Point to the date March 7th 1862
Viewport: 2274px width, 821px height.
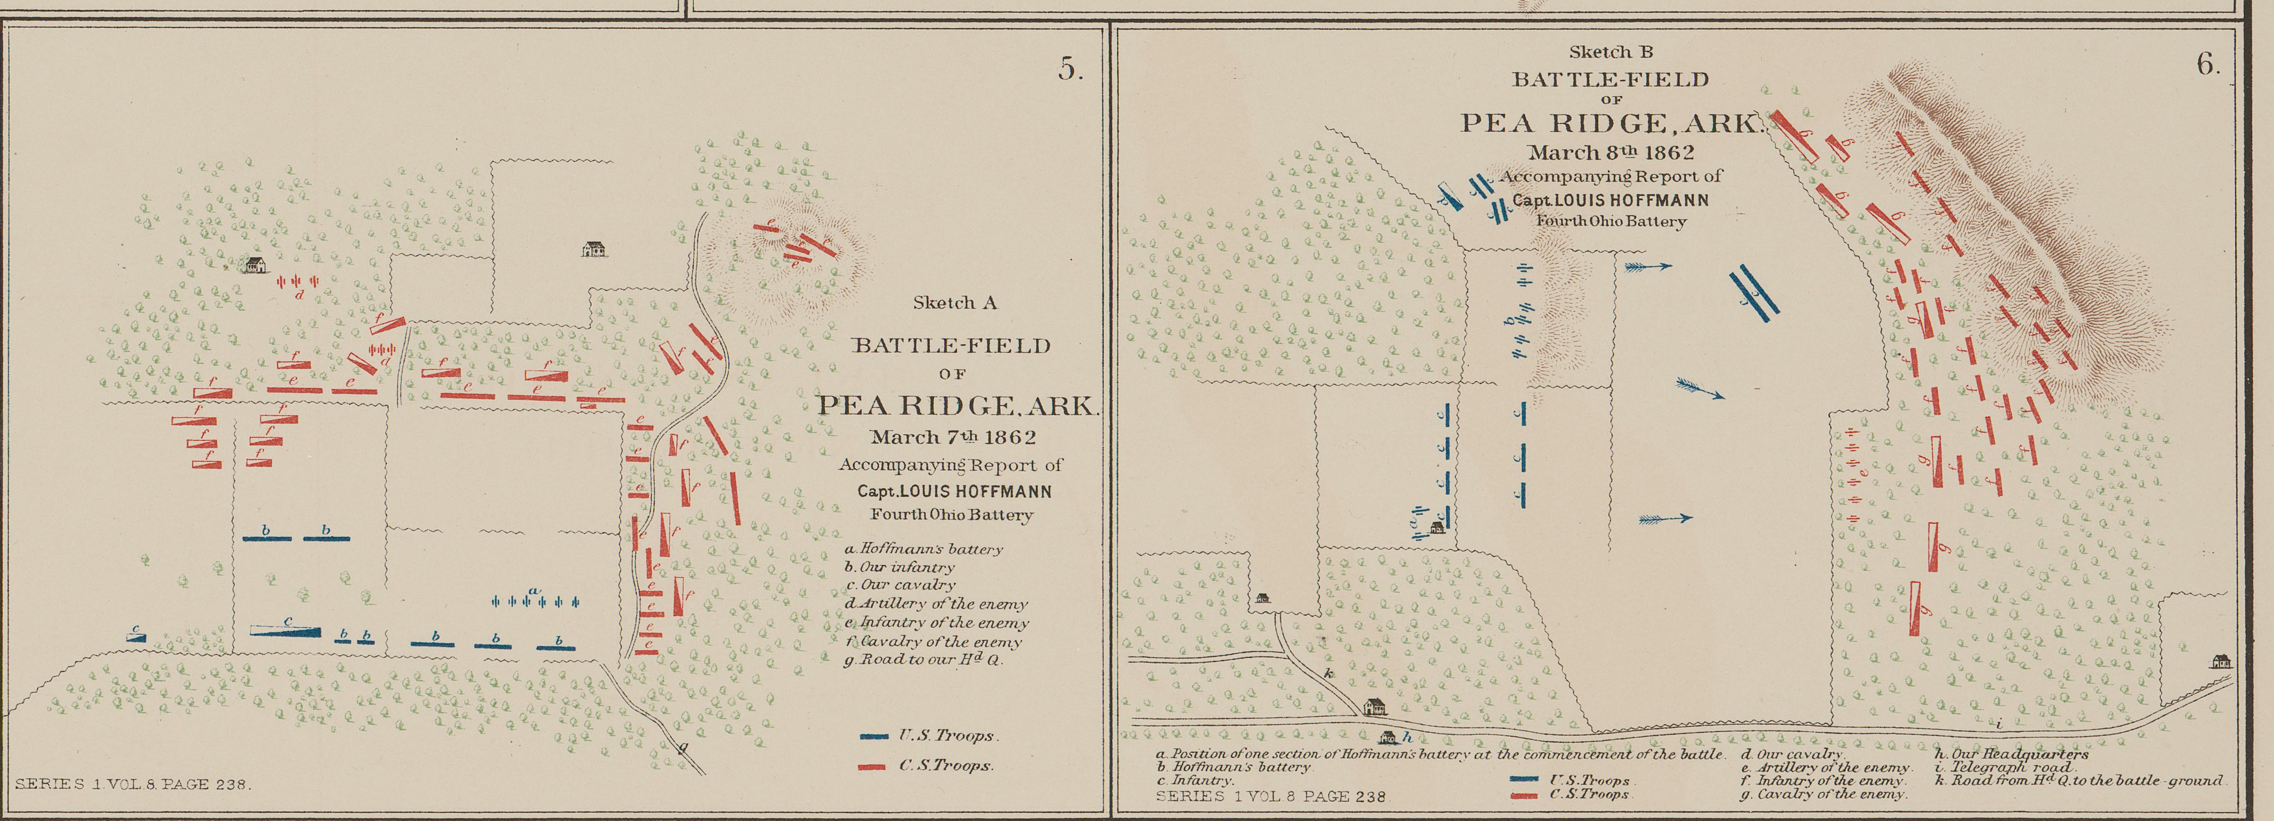(954, 437)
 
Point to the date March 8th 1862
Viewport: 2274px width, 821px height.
(1611, 153)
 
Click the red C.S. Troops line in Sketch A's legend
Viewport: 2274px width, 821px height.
(872, 766)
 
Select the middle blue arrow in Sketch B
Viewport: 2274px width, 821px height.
(1699, 389)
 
